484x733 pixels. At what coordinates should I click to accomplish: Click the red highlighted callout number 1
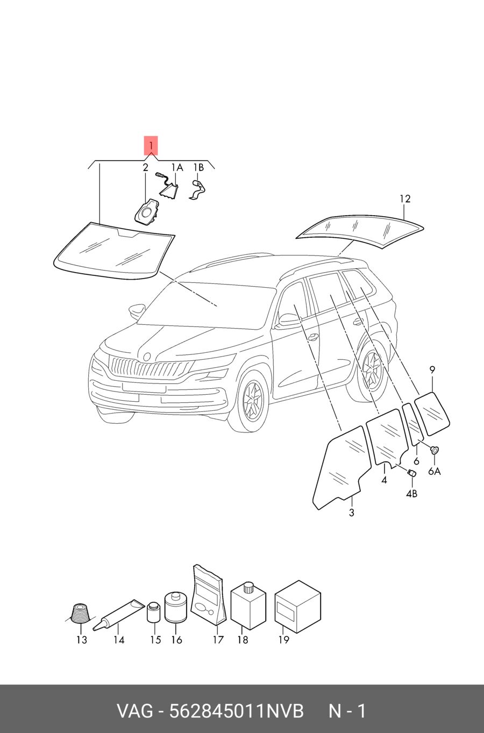pyautogui.click(x=151, y=145)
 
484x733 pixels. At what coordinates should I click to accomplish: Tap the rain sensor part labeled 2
pyautogui.click(x=146, y=211)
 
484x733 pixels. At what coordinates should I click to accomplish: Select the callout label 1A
pyautogui.click(x=177, y=168)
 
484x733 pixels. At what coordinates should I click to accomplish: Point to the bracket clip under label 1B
pyautogui.click(x=198, y=189)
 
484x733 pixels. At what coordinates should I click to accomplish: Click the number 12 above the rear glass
pyautogui.click(x=405, y=198)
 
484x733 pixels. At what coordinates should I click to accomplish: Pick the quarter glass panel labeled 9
pyautogui.click(x=432, y=414)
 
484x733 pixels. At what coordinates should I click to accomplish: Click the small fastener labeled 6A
pyautogui.click(x=435, y=450)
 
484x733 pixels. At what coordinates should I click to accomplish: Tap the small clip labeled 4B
pyautogui.click(x=411, y=473)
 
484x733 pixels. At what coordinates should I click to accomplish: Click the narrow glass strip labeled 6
pyautogui.click(x=412, y=424)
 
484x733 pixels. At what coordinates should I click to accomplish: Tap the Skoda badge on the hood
pyautogui.click(x=147, y=357)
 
